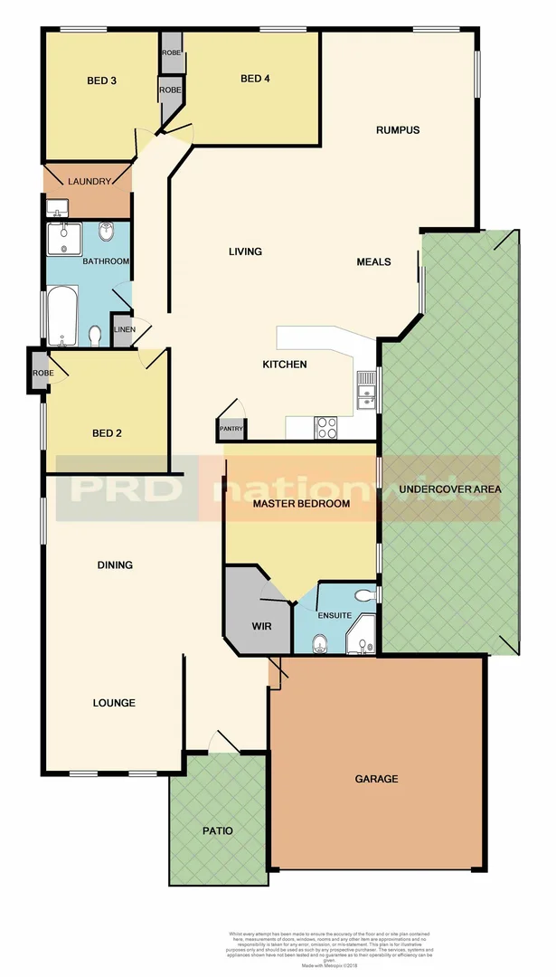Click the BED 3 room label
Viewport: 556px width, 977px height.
(101, 81)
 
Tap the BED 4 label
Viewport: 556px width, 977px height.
(255, 79)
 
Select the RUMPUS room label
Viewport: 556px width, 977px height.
(398, 130)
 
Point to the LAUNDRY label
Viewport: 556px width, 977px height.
(89, 181)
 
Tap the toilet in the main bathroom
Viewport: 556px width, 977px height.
(95, 337)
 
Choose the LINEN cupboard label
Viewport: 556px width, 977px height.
(125, 329)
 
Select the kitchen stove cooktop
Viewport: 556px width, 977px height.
(326, 428)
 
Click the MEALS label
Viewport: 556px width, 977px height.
(373, 262)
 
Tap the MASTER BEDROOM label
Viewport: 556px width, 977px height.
(301, 504)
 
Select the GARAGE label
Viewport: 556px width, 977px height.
(376, 778)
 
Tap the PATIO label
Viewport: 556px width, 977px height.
(217, 830)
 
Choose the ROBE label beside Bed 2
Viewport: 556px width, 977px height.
(42, 373)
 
